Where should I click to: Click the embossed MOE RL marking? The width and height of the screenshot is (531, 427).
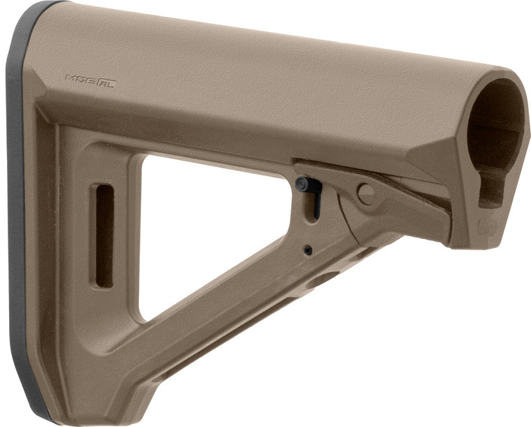[x=90, y=80]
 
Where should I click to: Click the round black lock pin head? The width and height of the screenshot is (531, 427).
[x=303, y=184]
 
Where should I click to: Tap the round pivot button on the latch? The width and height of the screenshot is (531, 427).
[x=365, y=194]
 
